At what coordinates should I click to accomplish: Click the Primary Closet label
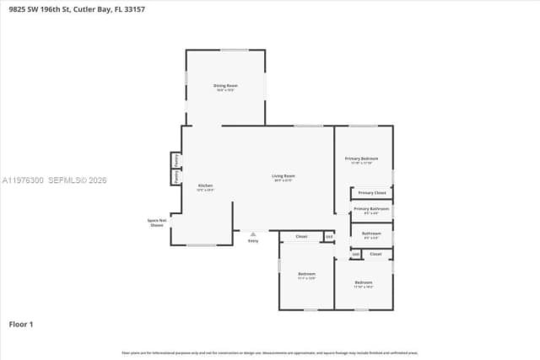point(371,193)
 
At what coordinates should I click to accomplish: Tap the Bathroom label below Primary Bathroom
point(371,234)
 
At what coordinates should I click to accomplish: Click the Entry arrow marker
point(252,234)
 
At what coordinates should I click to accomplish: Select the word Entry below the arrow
point(252,241)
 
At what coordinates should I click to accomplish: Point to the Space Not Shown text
point(156,223)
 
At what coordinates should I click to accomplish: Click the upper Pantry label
point(175,159)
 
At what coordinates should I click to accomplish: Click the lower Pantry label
point(175,177)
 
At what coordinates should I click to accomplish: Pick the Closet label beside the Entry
point(301,237)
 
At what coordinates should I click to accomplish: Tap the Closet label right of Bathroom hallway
point(375,254)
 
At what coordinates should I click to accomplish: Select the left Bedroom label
point(306,275)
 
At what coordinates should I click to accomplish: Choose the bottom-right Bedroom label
point(363,283)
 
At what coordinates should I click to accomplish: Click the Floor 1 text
point(21,324)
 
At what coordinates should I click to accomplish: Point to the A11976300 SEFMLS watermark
point(54,180)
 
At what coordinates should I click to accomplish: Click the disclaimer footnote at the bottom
point(270,352)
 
